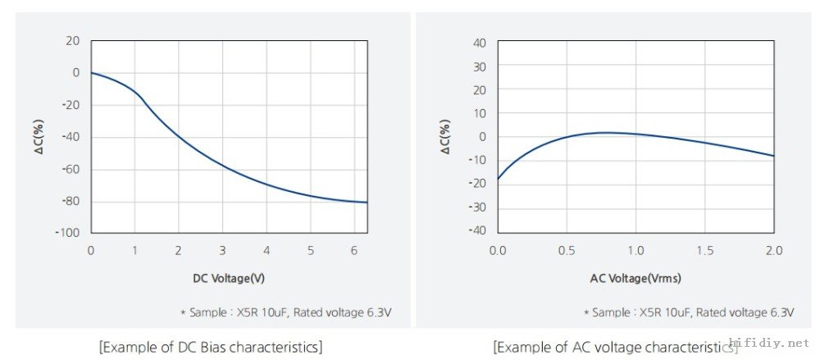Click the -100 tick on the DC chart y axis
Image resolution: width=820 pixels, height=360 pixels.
click(67, 233)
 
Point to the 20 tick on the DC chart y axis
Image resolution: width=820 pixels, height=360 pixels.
click(73, 40)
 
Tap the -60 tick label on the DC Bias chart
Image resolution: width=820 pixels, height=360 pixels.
click(70, 169)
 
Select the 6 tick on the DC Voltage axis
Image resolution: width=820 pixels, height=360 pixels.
click(354, 249)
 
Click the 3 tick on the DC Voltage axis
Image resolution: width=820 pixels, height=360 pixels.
click(222, 249)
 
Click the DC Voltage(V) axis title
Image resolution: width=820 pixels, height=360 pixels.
click(229, 278)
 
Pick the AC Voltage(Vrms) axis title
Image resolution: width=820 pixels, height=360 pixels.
click(635, 278)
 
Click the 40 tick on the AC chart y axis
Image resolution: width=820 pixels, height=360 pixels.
click(481, 43)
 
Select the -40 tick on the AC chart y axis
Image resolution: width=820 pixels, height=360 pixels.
click(477, 230)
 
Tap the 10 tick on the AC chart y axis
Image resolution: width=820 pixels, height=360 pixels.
click(481, 112)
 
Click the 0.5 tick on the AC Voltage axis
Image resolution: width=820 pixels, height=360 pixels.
click(567, 249)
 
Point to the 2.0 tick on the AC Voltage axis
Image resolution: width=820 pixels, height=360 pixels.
click(774, 249)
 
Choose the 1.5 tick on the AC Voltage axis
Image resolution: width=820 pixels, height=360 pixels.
click(705, 249)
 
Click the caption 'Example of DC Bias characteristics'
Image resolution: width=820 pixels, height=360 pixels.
click(210, 347)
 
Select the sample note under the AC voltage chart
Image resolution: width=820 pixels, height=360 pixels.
click(689, 312)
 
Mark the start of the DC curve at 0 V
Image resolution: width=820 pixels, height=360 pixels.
click(91, 73)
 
